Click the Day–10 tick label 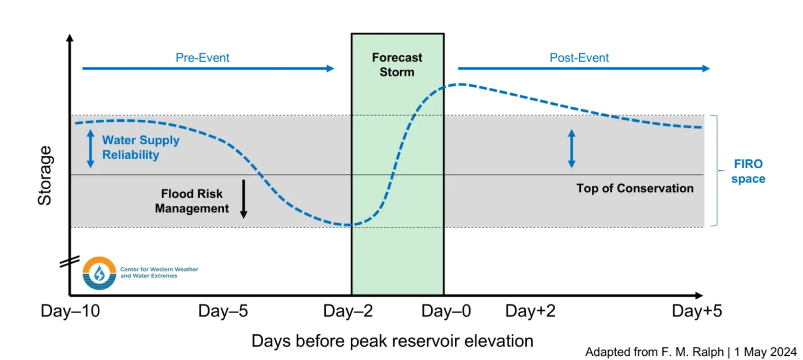coord(70,311)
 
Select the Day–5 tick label coord(223,311)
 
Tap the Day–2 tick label coord(348,311)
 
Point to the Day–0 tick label coord(446,311)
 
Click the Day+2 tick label coord(530,311)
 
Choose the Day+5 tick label coord(697,311)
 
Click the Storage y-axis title coord(45,176)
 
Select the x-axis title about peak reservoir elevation coord(392,341)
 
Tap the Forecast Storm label coord(397,65)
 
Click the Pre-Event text coord(202,57)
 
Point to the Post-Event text coord(579,57)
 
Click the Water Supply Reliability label coord(141,147)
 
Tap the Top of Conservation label coord(635,189)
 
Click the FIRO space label coord(748,172)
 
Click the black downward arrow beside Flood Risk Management coord(243,199)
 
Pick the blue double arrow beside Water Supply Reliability coord(90,149)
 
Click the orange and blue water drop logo coord(99,273)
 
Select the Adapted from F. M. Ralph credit coord(690,352)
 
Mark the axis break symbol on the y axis coord(69,261)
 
